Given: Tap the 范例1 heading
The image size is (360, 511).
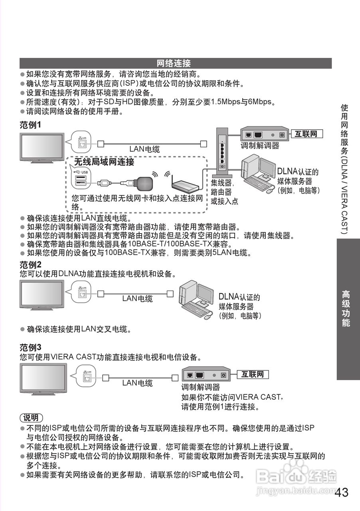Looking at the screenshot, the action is [31, 125].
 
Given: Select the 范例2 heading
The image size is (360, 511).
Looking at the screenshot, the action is [31, 265].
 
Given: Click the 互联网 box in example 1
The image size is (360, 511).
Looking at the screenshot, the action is [306, 134].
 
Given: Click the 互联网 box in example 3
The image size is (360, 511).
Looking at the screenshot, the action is [253, 374].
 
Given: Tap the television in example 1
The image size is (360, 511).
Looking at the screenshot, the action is [42, 148].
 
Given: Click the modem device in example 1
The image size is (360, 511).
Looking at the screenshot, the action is [264, 135].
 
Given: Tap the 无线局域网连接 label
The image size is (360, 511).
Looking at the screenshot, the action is [104, 162].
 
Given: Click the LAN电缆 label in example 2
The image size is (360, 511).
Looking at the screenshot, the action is [137, 298].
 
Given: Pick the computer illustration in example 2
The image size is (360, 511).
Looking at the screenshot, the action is [196, 299].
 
